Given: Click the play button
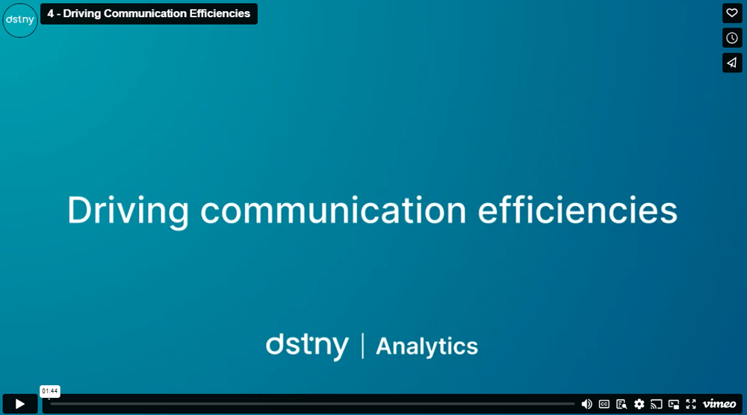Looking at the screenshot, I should coord(20,404).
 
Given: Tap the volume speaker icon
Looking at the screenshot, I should coord(586,404).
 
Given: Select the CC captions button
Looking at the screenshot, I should coord(604,404).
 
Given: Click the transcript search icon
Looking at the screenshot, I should coord(622,404).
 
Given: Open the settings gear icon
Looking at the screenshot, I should coord(639,404).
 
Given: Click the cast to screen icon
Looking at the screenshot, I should coord(657,404).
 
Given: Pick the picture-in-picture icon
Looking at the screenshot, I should coord(674,404).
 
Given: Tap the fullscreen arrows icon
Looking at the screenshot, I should coord(691,404).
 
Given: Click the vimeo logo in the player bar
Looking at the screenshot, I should coord(719,404).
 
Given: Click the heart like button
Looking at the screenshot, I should coord(732,13).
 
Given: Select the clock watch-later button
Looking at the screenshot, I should coord(732,38).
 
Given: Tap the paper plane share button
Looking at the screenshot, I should coord(732,63).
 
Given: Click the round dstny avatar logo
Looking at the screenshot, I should coord(20,20).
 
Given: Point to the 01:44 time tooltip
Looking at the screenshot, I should coord(50,391).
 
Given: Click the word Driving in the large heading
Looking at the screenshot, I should coord(128,210).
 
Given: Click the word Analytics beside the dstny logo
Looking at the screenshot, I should coord(427,346).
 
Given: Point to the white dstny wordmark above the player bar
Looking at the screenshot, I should coord(307,346).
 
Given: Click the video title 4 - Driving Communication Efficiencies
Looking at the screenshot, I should coord(149,13).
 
